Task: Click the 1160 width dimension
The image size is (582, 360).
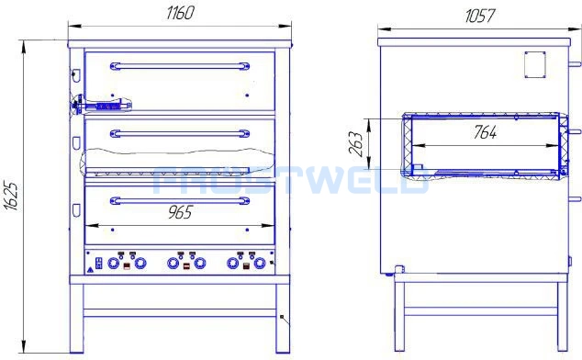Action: click(x=180, y=13)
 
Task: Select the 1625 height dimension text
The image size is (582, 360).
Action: click(x=12, y=197)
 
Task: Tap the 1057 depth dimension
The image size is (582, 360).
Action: click(x=479, y=16)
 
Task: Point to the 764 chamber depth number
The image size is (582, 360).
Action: click(x=485, y=132)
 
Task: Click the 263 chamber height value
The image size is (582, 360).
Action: click(x=355, y=143)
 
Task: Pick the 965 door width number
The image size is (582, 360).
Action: click(x=181, y=212)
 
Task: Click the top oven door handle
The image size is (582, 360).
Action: click(x=180, y=66)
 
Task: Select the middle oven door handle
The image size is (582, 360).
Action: click(x=180, y=133)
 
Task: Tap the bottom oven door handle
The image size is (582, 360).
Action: click(x=180, y=201)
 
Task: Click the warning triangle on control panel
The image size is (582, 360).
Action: click(x=90, y=270)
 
